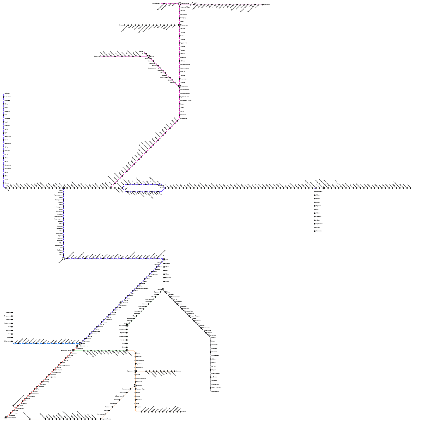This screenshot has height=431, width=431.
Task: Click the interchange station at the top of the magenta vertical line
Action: click(x=179, y=4)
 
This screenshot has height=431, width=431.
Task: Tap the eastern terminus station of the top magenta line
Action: click(x=262, y=5)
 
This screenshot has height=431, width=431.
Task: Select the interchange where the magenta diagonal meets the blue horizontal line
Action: click(x=110, y=188)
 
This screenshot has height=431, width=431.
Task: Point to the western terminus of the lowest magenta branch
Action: click(x=100, y=56)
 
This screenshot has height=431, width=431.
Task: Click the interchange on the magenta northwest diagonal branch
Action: click(x=148, y=56)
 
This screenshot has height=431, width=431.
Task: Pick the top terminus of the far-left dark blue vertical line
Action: click(x=4, y=93)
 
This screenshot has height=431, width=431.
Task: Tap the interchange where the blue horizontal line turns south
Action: click(x=63, y=188)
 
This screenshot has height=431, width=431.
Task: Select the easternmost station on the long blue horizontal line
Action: click(x=411, y=188)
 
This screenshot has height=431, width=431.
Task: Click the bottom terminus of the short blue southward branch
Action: click(x=315, y=231)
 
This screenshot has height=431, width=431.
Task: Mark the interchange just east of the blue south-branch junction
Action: click(x=323, y=188)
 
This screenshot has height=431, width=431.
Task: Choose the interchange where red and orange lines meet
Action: click(x=6, y=418)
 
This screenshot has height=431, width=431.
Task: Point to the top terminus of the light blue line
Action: click(x=12, y=312)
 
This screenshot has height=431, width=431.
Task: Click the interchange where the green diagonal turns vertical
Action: click(x=127, y=326)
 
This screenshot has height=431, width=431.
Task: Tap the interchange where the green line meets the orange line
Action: click(x=127, y=351)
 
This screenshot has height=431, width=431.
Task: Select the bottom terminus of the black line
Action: click(x=211, y=391)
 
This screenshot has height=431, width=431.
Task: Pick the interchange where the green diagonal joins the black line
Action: click(x=163, y=290)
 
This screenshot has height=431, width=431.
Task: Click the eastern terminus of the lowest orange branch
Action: click(x=181, y=412)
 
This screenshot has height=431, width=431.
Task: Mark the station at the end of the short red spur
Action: click(x=13, y=406)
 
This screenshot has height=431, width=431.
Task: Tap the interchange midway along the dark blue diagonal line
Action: click(x=121, y=303)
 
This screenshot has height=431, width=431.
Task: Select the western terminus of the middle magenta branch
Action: click(x=124, y=25)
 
